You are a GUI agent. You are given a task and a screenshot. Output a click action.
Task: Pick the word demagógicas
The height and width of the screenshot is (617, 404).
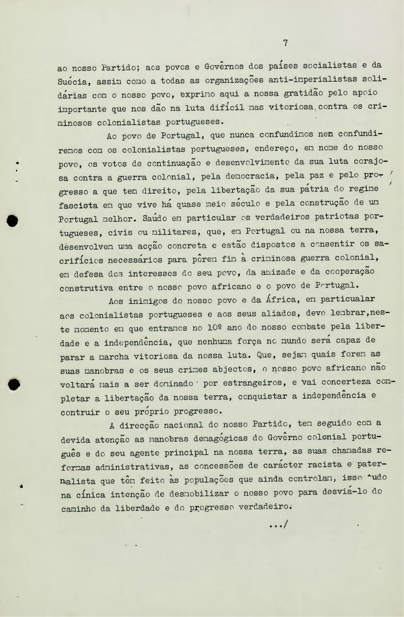(213, 439)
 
